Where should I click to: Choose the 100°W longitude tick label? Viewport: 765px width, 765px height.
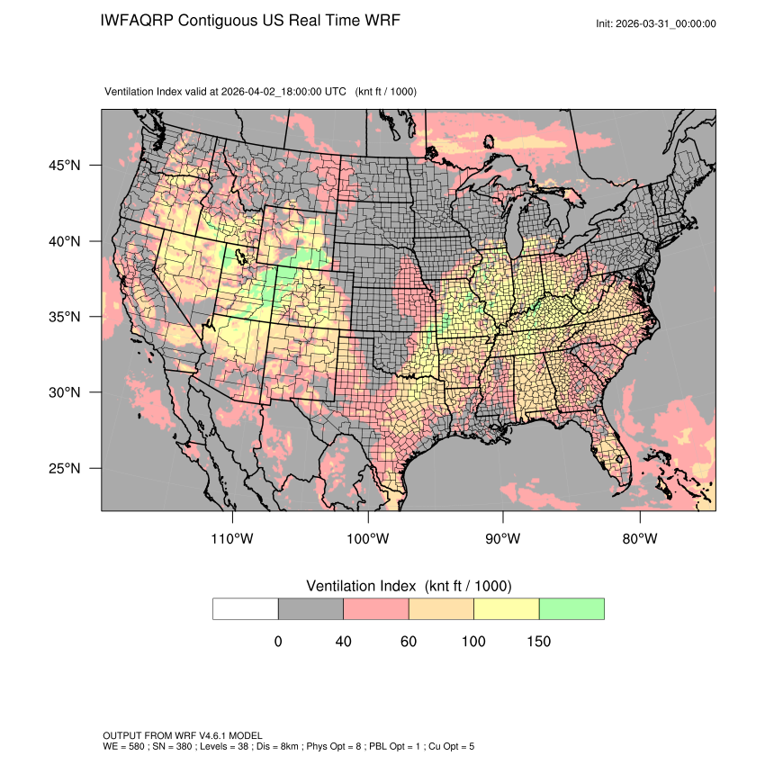(x=368, y=539)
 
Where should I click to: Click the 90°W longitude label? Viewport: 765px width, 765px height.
(x=503, y=539)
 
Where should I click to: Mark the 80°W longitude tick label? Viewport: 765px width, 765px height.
(x=639, y=539)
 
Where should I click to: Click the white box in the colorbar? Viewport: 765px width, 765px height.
(x=246, y=608)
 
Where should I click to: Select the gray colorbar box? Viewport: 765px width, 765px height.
(x=310, y=608)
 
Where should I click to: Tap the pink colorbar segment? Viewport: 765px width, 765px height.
(x=376, y=608)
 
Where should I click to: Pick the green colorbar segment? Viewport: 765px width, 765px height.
(x=571, y=608)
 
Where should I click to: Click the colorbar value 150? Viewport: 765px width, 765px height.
(x=538, y=642)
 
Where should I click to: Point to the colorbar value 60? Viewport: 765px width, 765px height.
(x=408, y=642)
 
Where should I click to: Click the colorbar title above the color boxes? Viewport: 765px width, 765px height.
(x=409, y=586)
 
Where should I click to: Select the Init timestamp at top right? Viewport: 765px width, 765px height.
(x=656, y=23)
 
